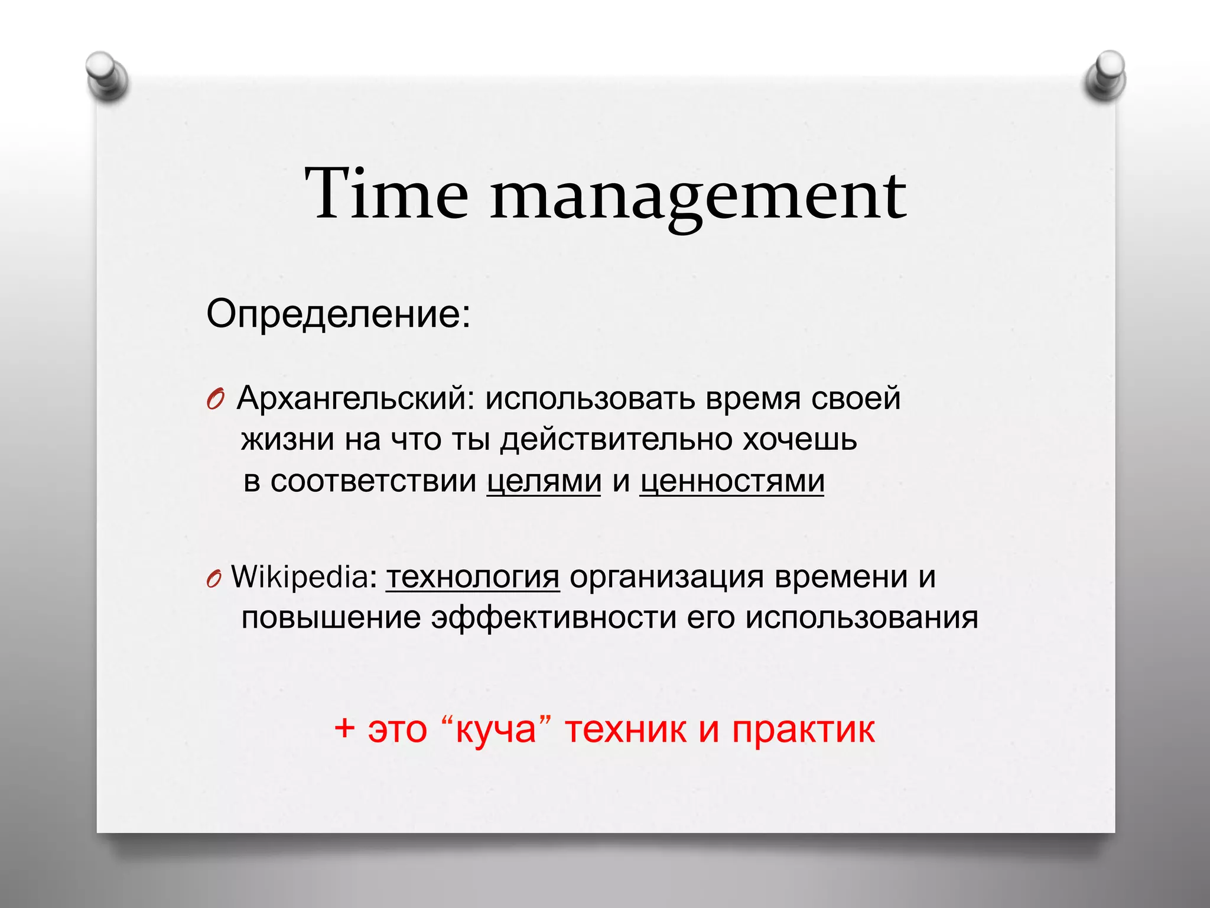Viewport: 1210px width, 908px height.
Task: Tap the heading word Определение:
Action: [339, 313]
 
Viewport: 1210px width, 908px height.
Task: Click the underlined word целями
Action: [544, 481]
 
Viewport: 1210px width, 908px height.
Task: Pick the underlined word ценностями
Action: [731, 481]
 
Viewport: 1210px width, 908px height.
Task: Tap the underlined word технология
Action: [473, 577]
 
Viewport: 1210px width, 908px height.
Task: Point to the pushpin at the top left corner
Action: [106, 77]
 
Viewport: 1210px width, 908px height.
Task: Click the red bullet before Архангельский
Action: [215, 400]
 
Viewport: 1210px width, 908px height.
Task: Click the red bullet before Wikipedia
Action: [214, 580]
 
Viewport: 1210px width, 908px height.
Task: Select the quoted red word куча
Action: [496, 729]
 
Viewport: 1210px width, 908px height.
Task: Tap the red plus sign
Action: [344, 728]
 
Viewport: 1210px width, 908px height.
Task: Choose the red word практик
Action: [803, 731]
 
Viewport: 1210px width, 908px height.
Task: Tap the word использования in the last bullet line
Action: [861, 618]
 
